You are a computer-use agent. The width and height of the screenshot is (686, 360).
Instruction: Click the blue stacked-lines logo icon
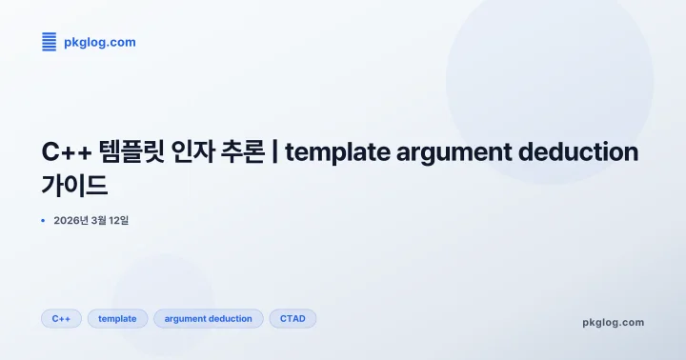coord(50,41)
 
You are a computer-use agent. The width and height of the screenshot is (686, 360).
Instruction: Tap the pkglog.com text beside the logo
coord(99,42)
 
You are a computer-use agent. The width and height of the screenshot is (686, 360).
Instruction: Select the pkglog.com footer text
coord(613,322)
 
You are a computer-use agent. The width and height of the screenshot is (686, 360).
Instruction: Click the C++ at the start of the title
coord(65,152)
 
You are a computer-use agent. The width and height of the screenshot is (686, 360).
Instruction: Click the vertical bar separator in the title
coord(275,152)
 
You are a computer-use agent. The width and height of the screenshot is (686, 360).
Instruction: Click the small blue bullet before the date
coord(43,220)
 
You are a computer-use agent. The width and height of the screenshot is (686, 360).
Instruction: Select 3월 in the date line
coord(100,220)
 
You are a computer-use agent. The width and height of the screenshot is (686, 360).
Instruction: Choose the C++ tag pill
coord(61,318)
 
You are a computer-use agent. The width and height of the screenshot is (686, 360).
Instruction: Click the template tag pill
coord(118,318)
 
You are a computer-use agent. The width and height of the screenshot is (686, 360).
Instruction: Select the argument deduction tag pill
coord(208,318)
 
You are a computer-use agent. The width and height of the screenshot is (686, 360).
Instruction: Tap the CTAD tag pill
coord(293,318)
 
